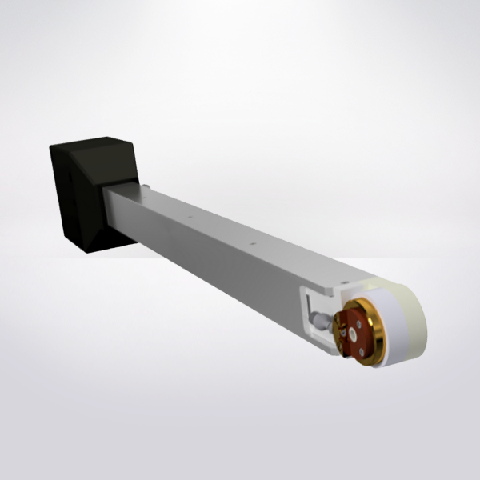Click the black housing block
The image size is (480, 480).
click(x=80, y=200)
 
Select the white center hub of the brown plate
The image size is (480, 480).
click(x=352, y=330)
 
